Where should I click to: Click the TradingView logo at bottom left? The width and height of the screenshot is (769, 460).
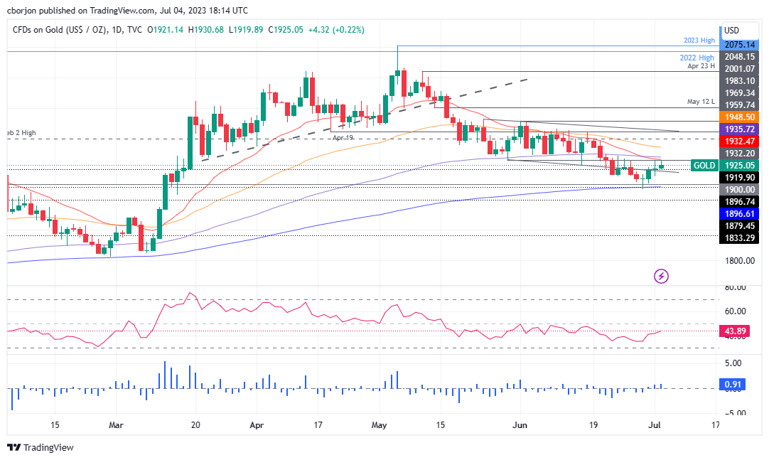pos(41,447)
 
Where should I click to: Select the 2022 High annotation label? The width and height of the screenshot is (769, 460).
pos(697,57)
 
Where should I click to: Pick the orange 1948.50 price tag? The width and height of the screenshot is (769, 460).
pos(740,116)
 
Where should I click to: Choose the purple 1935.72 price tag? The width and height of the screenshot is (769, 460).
pos(740,129)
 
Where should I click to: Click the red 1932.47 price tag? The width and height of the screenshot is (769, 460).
pos(740,141)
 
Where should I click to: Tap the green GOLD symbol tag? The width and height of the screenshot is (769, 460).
pos(704,165)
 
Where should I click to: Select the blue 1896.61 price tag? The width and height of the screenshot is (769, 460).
pos(740,213)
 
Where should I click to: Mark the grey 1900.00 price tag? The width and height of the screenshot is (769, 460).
pos(740,189)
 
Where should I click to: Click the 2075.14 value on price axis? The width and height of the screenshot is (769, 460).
pos(740,44)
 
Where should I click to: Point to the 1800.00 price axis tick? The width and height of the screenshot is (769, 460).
pos(740,261)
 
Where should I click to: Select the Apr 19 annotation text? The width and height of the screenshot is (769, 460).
pos(343,137)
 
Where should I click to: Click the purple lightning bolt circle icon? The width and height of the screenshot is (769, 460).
pos(662,276)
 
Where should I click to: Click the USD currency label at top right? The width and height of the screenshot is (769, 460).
pos(731,31)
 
